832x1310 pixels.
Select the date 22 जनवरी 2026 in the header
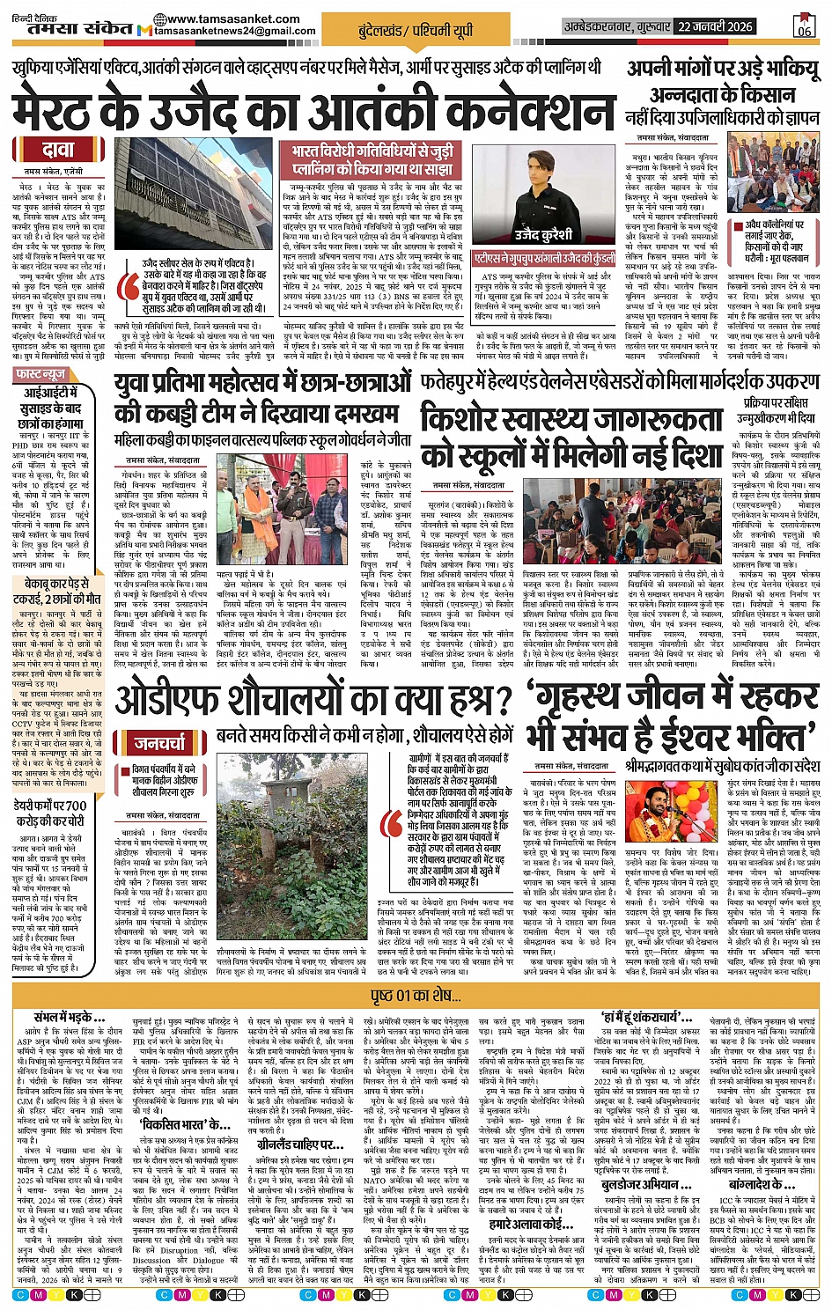click(715, 26)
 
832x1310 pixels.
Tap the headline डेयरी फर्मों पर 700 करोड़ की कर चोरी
click(51, 813)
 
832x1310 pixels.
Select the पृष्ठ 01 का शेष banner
click(416, 996)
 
